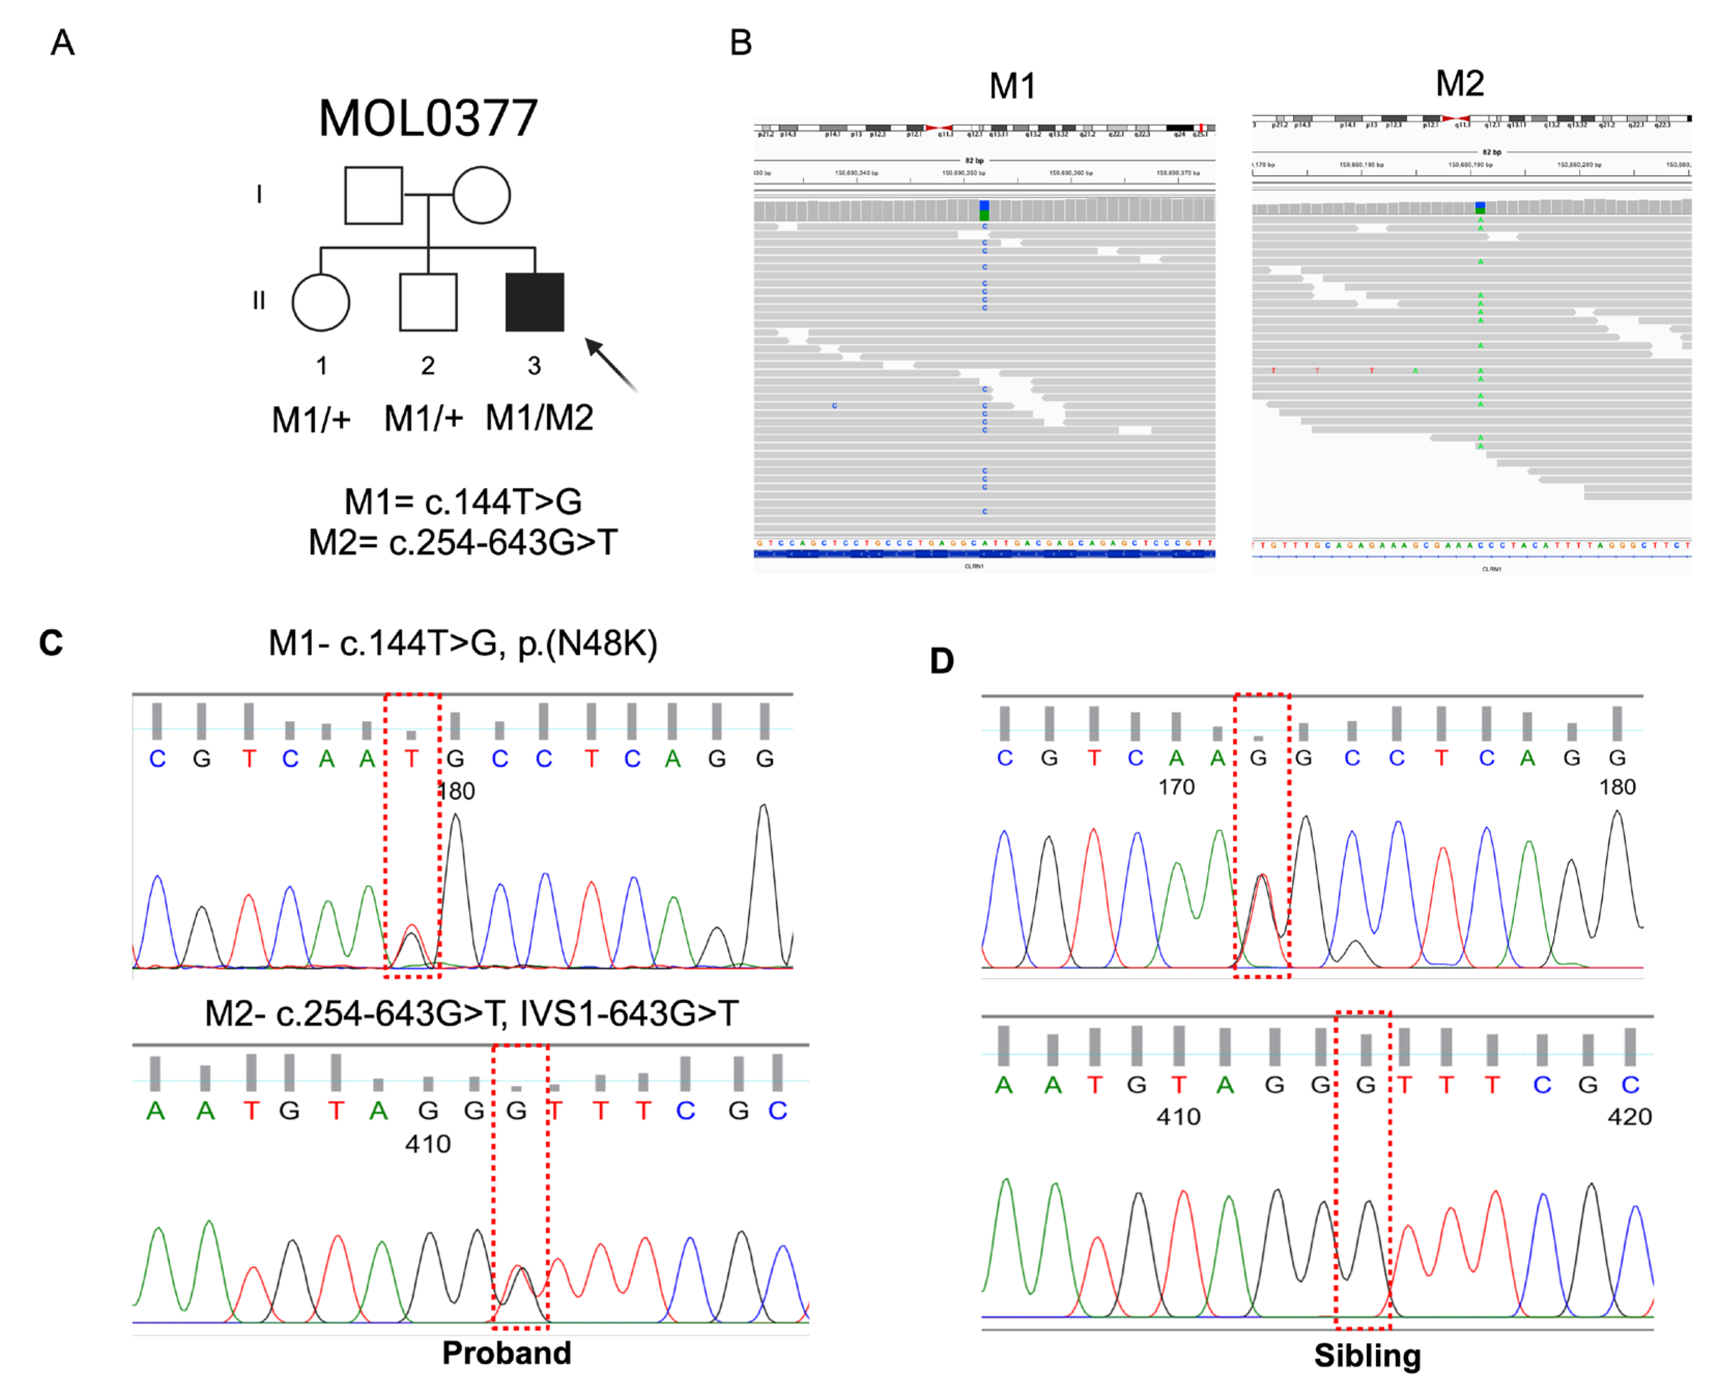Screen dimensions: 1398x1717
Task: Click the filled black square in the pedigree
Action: (534, 302)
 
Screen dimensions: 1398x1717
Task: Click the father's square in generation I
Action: (373, 195)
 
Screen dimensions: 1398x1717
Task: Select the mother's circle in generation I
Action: (481, 195)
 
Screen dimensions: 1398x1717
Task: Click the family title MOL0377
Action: (428, 119)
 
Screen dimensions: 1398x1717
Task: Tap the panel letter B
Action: (741, 42)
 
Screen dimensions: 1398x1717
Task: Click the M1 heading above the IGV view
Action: (1012, 86)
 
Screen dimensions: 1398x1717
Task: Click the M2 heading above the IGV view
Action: (1459, 83)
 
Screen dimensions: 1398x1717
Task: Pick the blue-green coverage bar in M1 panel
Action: (984, 211)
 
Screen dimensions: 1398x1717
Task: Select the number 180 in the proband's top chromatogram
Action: (456, 791)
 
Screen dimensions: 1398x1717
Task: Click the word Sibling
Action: (1367, 1356)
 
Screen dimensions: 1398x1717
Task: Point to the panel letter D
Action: (941, 661)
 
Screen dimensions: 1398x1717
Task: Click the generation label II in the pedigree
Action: (259, 300)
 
